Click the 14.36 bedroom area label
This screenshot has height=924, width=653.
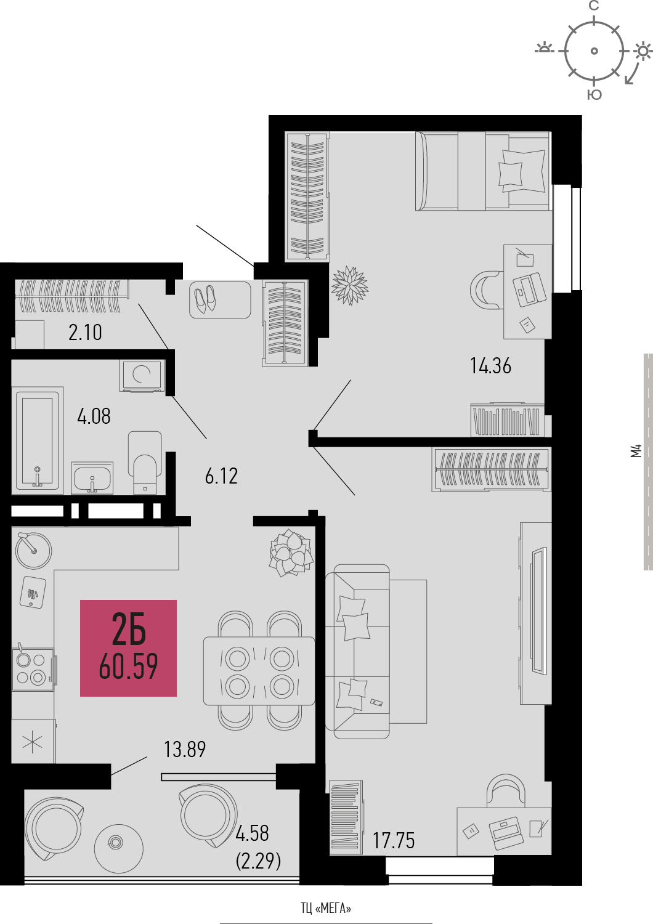coord(490,366)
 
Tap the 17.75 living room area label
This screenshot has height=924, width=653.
coord(394,840)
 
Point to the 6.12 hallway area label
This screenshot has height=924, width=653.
coord(222,476)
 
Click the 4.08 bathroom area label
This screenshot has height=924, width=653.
coord(94,416)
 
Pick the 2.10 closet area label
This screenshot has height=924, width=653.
coord(85,333)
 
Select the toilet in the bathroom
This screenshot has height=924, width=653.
coord(145,463)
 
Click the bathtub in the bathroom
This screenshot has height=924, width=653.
coord(37,440)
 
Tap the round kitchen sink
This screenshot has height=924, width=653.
coord(33,550)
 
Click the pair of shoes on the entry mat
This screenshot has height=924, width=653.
coord(205,298)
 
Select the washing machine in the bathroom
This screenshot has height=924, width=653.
coord(142,375)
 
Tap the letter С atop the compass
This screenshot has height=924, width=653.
coord(594,6)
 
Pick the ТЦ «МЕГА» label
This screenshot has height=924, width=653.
coord(326,908)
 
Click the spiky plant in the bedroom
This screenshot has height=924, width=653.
coord(350,285)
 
